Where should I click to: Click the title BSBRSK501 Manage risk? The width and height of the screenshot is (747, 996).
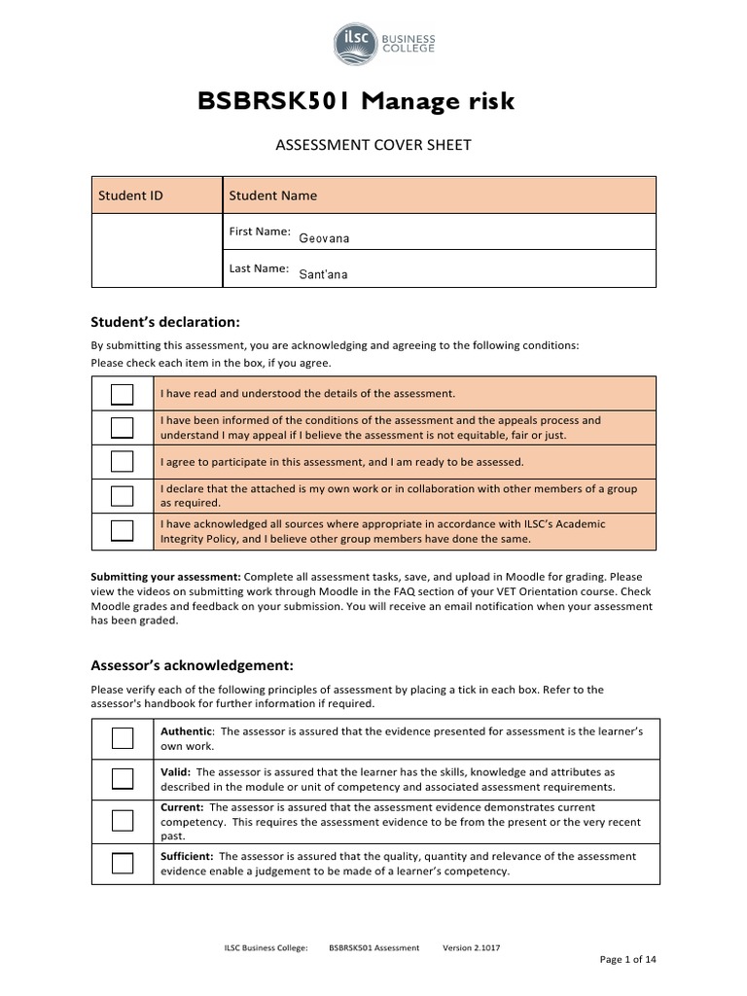coord(356,101)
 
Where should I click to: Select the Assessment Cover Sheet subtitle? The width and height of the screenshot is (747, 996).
coord(374,145)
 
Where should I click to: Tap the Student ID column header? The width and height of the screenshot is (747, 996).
coord(130,196)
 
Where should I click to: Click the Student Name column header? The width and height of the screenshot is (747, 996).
coord(273,196)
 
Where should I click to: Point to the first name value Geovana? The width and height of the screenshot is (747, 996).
coord(324,238)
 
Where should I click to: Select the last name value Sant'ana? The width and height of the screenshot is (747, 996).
coord(323,274)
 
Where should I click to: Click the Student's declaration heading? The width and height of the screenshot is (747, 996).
coord(164,322)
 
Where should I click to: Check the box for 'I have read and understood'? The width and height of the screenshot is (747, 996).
coord(123,393)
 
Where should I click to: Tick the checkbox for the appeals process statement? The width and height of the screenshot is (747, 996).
coord(123,427)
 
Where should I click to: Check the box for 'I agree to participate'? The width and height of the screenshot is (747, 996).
coord(123,461)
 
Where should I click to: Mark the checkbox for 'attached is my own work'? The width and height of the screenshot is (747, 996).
coord(123,496)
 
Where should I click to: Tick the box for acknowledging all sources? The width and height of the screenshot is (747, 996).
coord(123,530)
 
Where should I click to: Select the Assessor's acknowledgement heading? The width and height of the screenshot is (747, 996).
coord(192,666)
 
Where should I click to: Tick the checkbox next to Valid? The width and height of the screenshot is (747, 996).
coord(123,778)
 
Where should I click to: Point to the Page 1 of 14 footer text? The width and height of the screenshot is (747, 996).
coord(627,959)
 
